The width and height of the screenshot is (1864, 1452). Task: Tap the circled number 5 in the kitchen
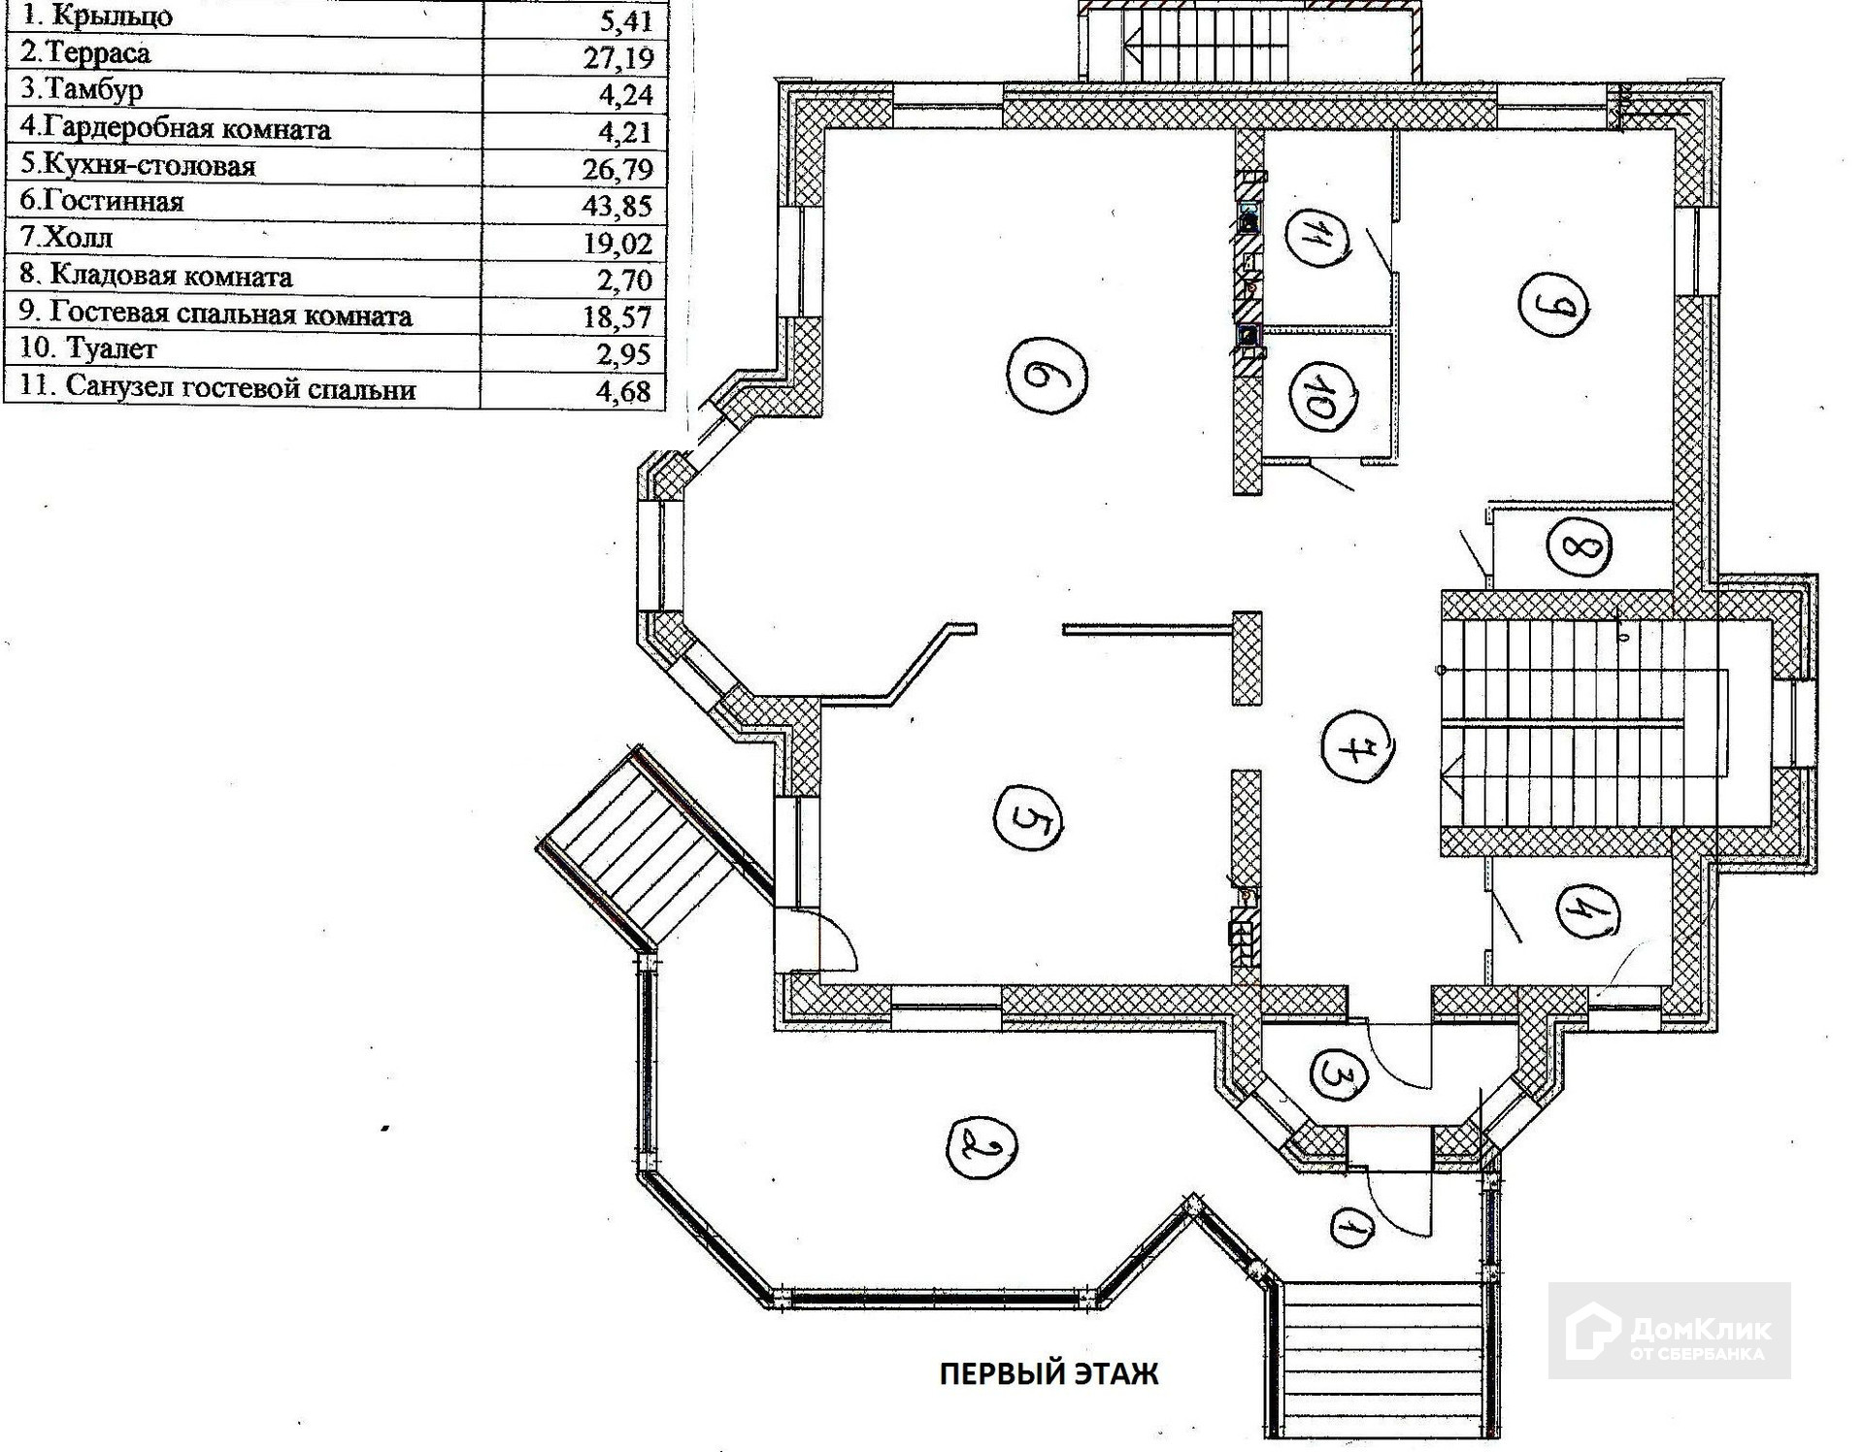[1028, 819]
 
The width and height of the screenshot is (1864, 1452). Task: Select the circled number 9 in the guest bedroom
[1552, 305]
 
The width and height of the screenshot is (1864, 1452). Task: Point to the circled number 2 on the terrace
[981, 1147]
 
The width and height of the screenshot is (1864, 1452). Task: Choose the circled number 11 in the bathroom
[1321, 237]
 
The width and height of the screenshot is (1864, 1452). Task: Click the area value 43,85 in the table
[617, 206]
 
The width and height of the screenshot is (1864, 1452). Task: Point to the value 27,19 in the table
[618, 57]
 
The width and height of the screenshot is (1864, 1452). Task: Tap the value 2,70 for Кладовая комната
[624, 280]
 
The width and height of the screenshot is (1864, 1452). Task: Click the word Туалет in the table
[111, 348]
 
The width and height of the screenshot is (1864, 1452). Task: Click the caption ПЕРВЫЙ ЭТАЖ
[1048, 1374]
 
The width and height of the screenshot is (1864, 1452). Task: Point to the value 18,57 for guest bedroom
[617, 316]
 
